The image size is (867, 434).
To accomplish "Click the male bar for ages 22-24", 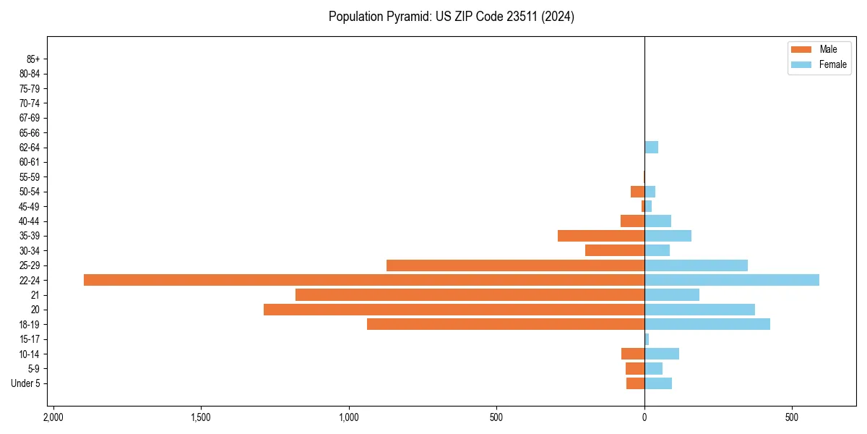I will click(364, 280).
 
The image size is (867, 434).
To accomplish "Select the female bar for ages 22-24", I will click(732, 280).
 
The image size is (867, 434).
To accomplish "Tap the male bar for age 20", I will click(454, 310).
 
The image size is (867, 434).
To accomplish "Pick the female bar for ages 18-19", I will click(707, 324).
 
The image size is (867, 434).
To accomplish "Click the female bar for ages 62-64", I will click(651, 148).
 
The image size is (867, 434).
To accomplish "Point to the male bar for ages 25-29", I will click(515, 265).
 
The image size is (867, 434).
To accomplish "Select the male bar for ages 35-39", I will click(601, 236).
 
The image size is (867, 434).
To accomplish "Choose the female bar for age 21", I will click(672, 294).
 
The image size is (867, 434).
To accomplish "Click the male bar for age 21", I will click(470, 294).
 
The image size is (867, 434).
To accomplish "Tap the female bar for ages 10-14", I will click(662, 354).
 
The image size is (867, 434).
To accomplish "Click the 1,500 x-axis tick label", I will click(200, 418).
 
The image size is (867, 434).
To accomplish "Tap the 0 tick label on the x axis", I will click(644, 418).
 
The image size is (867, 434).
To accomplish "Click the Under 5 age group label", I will click(25, 383).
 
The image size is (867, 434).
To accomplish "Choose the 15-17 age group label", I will click(30, 339).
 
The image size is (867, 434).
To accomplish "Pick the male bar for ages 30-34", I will click(615, 250).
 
